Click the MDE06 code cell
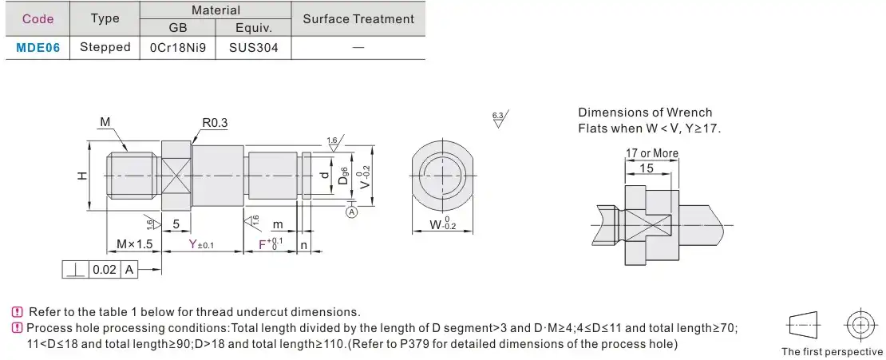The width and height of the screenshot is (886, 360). coord(38,47)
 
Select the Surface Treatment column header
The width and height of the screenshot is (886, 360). coord(358,18)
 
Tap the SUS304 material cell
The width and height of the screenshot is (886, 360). coord(254,47)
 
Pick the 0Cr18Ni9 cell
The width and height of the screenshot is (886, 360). coord(178,47)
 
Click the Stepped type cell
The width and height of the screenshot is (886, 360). coord(105,47)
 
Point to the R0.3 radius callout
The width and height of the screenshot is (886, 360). coord(215,123)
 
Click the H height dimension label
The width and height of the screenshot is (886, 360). coord(82,176)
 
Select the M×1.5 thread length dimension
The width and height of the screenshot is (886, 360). coord(134,244)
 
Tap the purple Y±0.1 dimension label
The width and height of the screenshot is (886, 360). coord(202,244)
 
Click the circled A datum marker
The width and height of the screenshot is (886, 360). coord(352,212)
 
